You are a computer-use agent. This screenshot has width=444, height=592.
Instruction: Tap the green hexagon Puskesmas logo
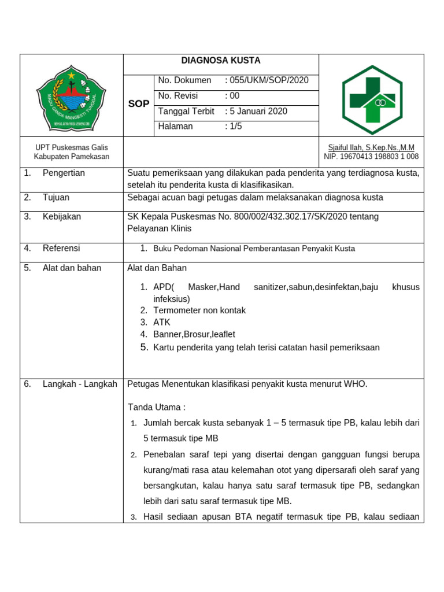372,97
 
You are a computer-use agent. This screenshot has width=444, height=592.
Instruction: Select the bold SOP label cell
138,103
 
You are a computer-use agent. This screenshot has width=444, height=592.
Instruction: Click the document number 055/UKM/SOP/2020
269,80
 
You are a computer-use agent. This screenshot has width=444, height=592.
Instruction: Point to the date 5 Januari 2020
258,111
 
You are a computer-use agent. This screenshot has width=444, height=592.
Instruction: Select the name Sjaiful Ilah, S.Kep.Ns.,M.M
371,147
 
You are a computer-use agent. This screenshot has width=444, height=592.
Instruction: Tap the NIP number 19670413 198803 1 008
371,157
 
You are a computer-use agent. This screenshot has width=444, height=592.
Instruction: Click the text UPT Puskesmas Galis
71,147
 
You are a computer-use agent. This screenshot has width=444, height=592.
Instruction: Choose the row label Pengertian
64,173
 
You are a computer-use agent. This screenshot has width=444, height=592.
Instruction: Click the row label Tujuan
56,198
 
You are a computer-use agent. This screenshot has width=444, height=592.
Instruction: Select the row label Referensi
61,249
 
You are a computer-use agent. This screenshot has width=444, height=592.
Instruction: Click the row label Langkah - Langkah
80,384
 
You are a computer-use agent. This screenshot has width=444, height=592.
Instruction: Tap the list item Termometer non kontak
199,310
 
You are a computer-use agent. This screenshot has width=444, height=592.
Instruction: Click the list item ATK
162,323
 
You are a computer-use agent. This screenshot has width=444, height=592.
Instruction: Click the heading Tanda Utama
156,408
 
